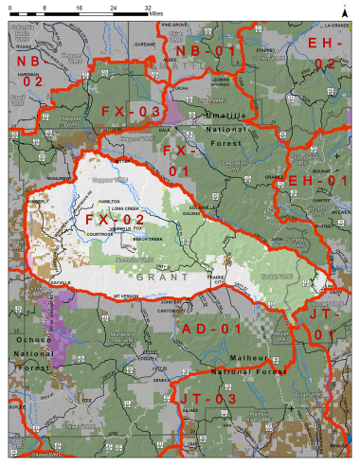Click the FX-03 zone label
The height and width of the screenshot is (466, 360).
[x=133, y=111]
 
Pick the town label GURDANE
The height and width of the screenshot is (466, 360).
[x=142, y=44]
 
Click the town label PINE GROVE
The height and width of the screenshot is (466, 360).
[x=174, y=25]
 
